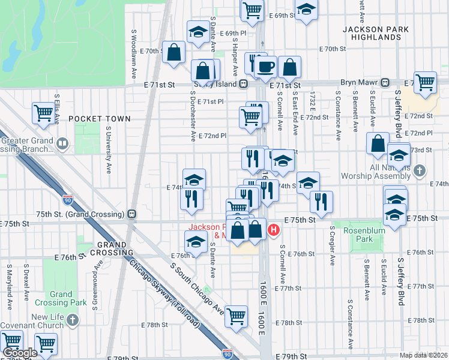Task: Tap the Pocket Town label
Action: [x=99, y=119]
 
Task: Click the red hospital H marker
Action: [x=274, y=229]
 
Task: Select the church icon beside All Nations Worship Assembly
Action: [x=420, y=171]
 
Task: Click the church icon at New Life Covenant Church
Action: [x=73, y=321]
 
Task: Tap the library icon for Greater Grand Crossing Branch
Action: [x=62, y=144]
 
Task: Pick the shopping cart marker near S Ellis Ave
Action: [x=44, y=112]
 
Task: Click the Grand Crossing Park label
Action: [x=61, y=298]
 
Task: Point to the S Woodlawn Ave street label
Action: [x=133, y=55]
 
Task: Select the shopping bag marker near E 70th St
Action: [x=174, y=52]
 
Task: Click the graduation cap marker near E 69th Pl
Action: [x=196, y=33]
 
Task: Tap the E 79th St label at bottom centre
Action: [x=292, y=356]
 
